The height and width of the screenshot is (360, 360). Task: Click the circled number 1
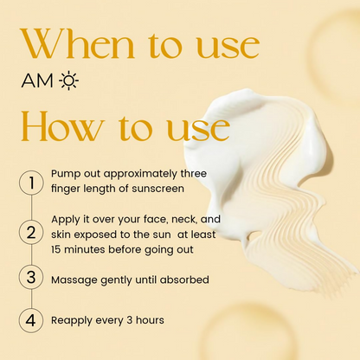tap(31, 183)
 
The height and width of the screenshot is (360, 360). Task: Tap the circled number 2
tap(31, 231)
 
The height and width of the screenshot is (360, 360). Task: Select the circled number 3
tap(31, 278)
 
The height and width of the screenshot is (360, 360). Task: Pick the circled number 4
tap(31, 319)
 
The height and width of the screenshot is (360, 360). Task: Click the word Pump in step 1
tap(66, 173)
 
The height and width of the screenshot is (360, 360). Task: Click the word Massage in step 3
tap(74, 279)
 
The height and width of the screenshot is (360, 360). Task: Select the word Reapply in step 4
tap(73, 321)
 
